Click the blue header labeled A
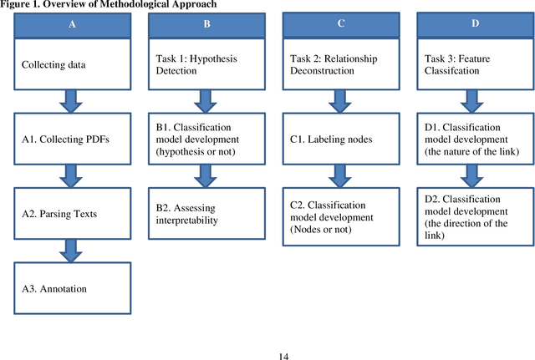coord(71,24)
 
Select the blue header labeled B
coord(206,24)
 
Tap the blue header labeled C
coord(340,23)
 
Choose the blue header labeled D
coord(475,23)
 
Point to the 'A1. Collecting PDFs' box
coord(71,139)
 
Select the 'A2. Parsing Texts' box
coord(71,214)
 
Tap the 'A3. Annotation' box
coord(71,288)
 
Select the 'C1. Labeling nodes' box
coord(340,139)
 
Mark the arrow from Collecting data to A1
coord(71,104)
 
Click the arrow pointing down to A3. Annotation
coord(71,251)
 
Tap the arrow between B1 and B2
coord(206,176)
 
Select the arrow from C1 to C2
coord(340,176)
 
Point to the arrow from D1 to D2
coord(475,176)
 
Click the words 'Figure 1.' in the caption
coord(23,5)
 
